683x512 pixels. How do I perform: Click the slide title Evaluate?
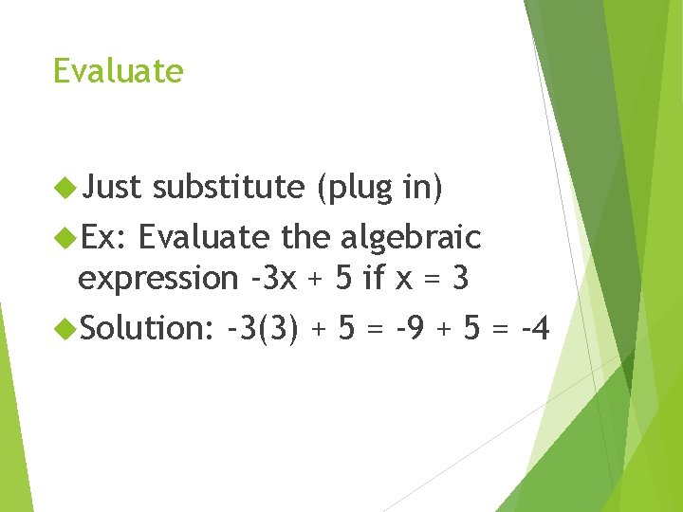(x=118, y=71)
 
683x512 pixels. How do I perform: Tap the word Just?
(x=111, y=188)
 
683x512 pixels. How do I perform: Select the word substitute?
(x=228, y=188)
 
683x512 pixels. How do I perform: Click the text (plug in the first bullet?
(x=353, y=188)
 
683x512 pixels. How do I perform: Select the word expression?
(x=158, y=278)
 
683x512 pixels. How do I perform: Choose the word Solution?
(x=147, y=328)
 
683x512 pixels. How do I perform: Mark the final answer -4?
(x=533, y=328)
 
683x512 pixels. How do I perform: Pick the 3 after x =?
(x=461, y=278)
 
